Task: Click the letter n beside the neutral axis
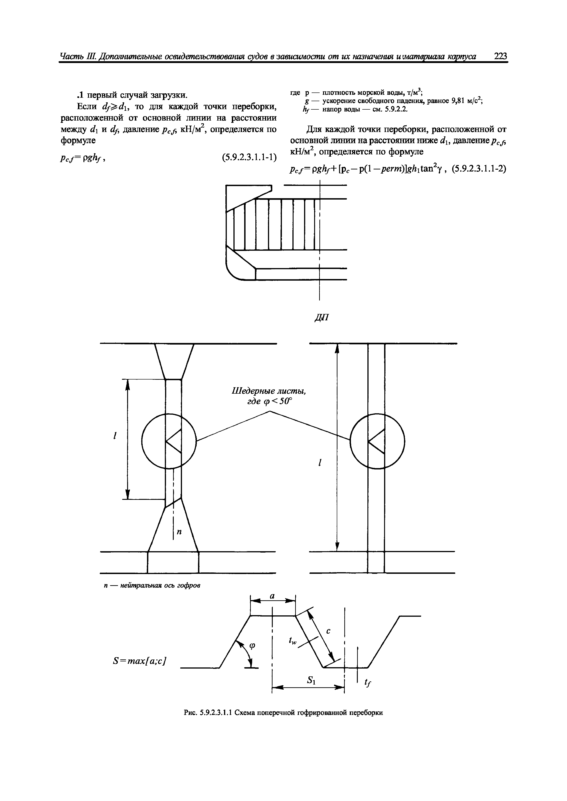click(179, 532)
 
